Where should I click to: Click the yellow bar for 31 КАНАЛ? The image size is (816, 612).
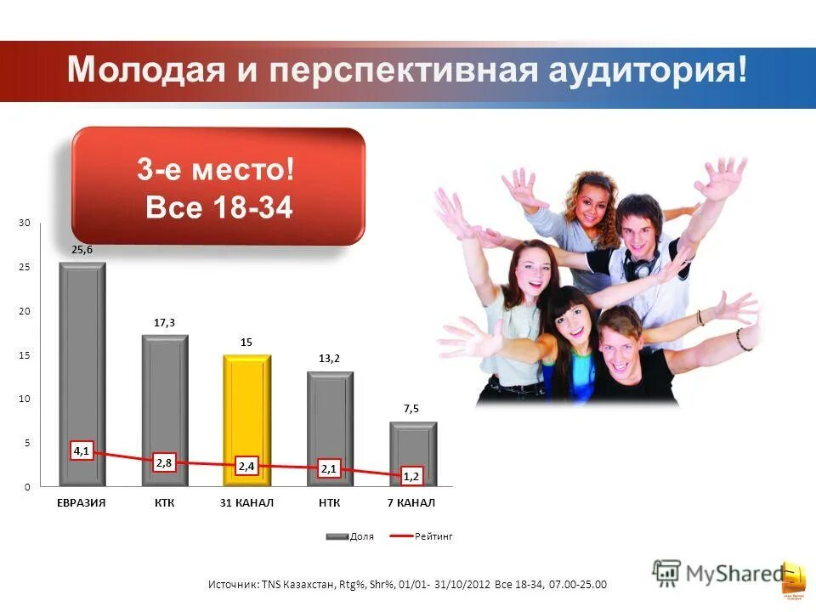[x=246, y=408]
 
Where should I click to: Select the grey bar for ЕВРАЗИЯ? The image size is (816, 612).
[x=82, y=357]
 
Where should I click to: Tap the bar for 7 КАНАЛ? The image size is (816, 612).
[x=412, y=450]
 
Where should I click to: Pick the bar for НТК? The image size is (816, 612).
[x=330, y=416]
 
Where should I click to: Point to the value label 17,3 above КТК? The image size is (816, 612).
[x=164, y=322]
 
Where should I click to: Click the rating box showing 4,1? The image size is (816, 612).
[x=82, y=452]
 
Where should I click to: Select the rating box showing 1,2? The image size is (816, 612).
[x=411, y=477]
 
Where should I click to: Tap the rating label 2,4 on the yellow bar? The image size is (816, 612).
[x=246, y=466]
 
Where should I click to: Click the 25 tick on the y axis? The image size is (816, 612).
[x=24, y=267]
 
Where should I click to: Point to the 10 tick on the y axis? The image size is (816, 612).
[x=24, y=399]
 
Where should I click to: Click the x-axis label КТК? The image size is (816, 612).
[x=164, y=503]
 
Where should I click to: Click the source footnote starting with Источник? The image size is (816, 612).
[x=408, y=584]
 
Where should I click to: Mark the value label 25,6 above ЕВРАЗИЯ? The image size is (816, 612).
[x=82, y=249]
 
